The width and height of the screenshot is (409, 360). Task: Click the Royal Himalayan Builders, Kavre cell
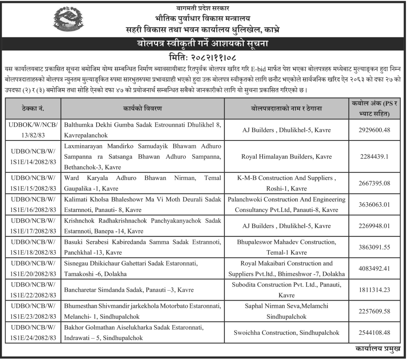tap(286, 156)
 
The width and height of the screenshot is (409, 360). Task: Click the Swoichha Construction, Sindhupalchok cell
tap(286, 333)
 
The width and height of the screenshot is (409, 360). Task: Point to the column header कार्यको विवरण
tap(143, 109)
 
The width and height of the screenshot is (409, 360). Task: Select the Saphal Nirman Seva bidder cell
tap(286, 311)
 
